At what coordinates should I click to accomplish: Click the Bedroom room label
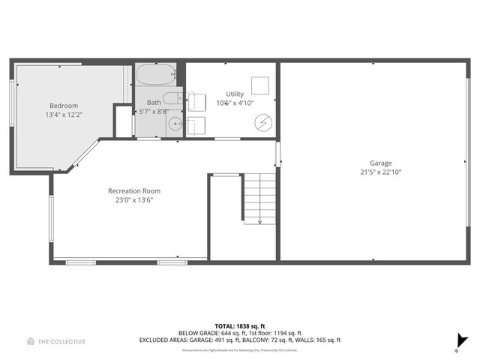coord(64,106)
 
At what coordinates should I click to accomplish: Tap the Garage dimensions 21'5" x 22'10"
coord(380,172)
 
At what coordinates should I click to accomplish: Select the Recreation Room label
coord(134,190)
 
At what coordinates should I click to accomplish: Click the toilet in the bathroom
coord(172,98)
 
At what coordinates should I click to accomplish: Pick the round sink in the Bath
coord(175,124)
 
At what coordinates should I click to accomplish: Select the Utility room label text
coord(235,94)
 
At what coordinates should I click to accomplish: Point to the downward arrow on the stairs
coord(259,219)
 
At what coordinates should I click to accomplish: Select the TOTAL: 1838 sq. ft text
coord(239,325)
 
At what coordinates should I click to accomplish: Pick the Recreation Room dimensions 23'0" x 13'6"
coord(134,200)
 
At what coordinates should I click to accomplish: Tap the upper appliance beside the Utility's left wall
coord(196,101)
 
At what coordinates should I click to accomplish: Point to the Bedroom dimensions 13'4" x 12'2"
coord(64,115)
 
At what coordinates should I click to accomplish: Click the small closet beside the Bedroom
coord(122,121)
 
